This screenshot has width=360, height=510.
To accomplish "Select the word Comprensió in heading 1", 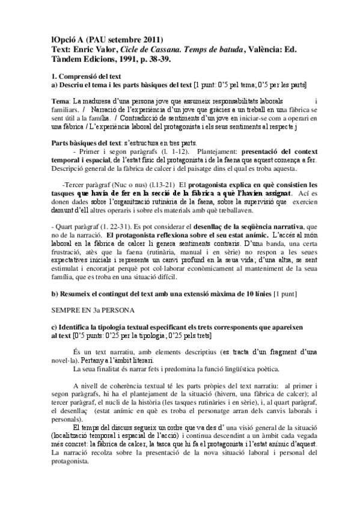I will pyautogui.click(x=82, y=76).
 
